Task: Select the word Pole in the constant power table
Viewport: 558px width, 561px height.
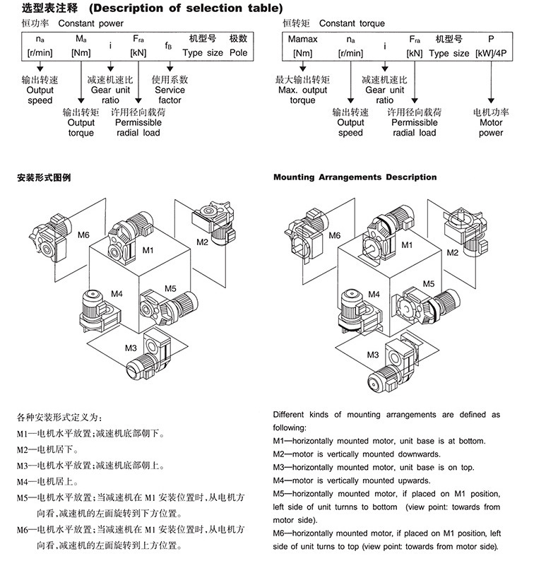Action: (x=238, y=53)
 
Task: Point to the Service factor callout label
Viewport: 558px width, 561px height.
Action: (x=170, y=90)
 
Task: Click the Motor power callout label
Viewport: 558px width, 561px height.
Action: (x=491, y=122)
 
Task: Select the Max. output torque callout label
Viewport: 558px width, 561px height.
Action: (x=302, y=90)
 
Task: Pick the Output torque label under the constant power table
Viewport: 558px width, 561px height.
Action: (x=81, y=122)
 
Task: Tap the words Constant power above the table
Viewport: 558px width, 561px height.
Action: (x=90, y=23)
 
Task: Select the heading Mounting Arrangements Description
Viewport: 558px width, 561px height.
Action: (x=355, y=177)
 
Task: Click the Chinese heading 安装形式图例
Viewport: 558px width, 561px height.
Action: (x=44, y=177)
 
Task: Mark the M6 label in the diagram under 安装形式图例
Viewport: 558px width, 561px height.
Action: (x=84, y=235)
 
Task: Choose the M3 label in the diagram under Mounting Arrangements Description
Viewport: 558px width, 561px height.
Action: (x=373, y=354)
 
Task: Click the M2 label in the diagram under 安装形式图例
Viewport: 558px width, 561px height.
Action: (x=203, y=242)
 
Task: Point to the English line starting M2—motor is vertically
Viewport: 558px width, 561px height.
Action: (x=357, y=454)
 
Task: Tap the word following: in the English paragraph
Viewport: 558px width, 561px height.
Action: (x=290, y=427)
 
